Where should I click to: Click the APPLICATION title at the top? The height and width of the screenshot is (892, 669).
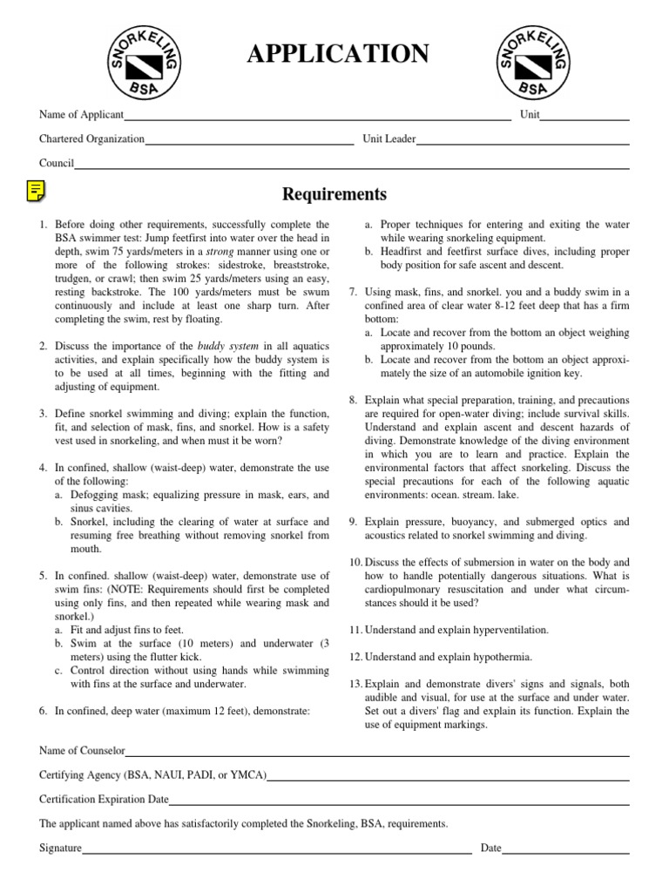click(x=338, y=54)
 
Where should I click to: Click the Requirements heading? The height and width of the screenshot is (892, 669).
click(x=334, y=193)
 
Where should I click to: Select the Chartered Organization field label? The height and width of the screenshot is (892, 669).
click(x=91, y=139)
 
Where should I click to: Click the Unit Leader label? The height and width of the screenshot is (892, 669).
click(x=389, y=139)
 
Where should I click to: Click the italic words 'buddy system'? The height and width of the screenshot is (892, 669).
click(x=227, y=346)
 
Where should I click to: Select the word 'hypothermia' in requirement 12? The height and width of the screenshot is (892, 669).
click(x=493, y=656)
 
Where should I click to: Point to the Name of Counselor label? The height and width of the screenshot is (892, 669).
click(x=83, y=750)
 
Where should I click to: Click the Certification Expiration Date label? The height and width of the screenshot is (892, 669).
click(x=104, y=799)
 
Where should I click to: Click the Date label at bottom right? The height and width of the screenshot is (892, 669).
click(x=490, y=848)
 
